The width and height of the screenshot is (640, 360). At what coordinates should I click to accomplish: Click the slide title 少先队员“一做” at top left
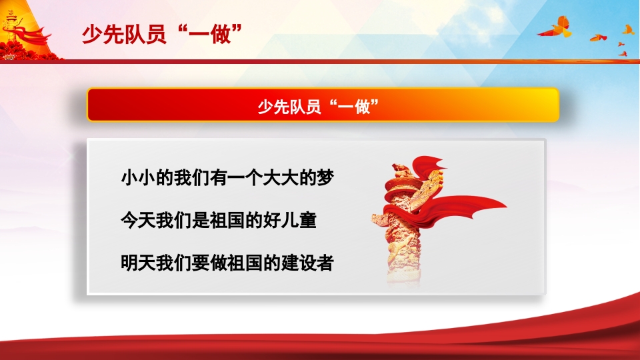pos(161,34)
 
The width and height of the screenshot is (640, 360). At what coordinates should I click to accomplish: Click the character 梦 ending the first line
pos(323,178)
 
